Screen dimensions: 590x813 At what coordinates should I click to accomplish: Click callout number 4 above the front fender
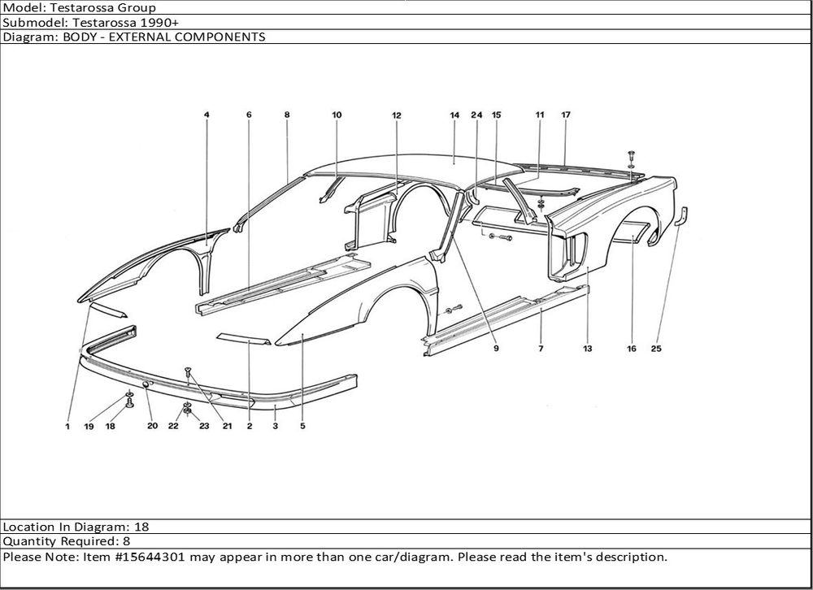pos(207,115)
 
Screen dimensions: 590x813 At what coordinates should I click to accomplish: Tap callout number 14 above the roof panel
pos(454,115)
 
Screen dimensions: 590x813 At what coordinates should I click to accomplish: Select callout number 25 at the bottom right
pos(656,349)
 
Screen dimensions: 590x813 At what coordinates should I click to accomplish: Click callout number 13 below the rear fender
pos(587,349)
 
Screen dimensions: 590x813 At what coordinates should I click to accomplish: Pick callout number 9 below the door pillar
pos(495,349)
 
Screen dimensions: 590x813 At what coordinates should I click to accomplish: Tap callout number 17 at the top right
pos(566,115)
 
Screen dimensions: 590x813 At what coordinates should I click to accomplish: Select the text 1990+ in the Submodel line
pos(167,22)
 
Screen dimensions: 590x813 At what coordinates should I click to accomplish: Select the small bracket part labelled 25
pos(684,218)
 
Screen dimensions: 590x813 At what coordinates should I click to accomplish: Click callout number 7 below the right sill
pos(541,349)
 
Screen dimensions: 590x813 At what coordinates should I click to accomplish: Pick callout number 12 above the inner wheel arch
pos(397,115)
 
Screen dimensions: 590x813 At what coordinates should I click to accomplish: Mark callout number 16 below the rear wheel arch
pos(632,349)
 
